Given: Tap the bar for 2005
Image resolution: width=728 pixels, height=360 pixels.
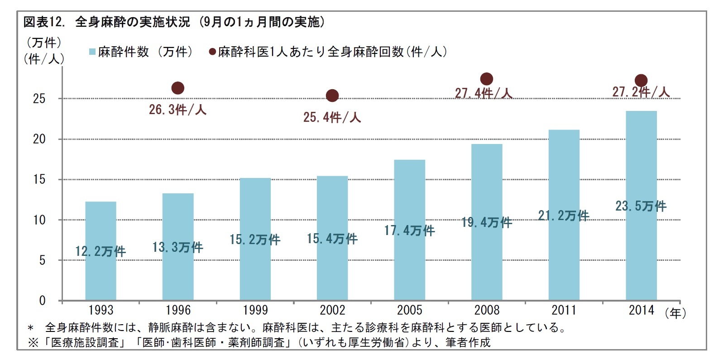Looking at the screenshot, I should point(409,263).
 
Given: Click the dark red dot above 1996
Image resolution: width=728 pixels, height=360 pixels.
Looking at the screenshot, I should point(178,88).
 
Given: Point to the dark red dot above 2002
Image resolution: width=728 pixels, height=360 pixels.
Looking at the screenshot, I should point(332,96).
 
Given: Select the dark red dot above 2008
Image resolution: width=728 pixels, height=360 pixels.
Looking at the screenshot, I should point(486,79).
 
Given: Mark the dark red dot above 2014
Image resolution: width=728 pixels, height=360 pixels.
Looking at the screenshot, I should point(641,81).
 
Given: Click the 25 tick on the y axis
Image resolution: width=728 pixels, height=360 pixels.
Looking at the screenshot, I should point(39,99).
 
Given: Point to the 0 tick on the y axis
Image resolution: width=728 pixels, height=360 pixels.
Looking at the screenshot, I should point(42,301).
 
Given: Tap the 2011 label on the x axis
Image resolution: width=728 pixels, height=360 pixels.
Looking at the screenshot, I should point(564,310).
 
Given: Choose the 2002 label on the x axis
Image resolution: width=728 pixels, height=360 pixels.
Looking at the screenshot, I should point(332,310).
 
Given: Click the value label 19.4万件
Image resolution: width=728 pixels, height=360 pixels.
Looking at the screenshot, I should point(487,222).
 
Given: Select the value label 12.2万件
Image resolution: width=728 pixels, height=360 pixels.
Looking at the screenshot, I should point(101,251).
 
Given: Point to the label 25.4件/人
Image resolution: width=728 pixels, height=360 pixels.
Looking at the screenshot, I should point(332,118).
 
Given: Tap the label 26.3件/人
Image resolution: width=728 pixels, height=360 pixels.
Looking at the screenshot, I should point(177,110).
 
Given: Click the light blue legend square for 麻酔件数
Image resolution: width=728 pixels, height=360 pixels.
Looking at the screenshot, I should point(92,52).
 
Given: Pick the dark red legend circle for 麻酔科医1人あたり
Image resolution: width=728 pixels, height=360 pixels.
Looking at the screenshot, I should point(212,52).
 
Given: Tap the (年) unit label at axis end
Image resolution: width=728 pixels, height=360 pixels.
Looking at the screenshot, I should point(675,313).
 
